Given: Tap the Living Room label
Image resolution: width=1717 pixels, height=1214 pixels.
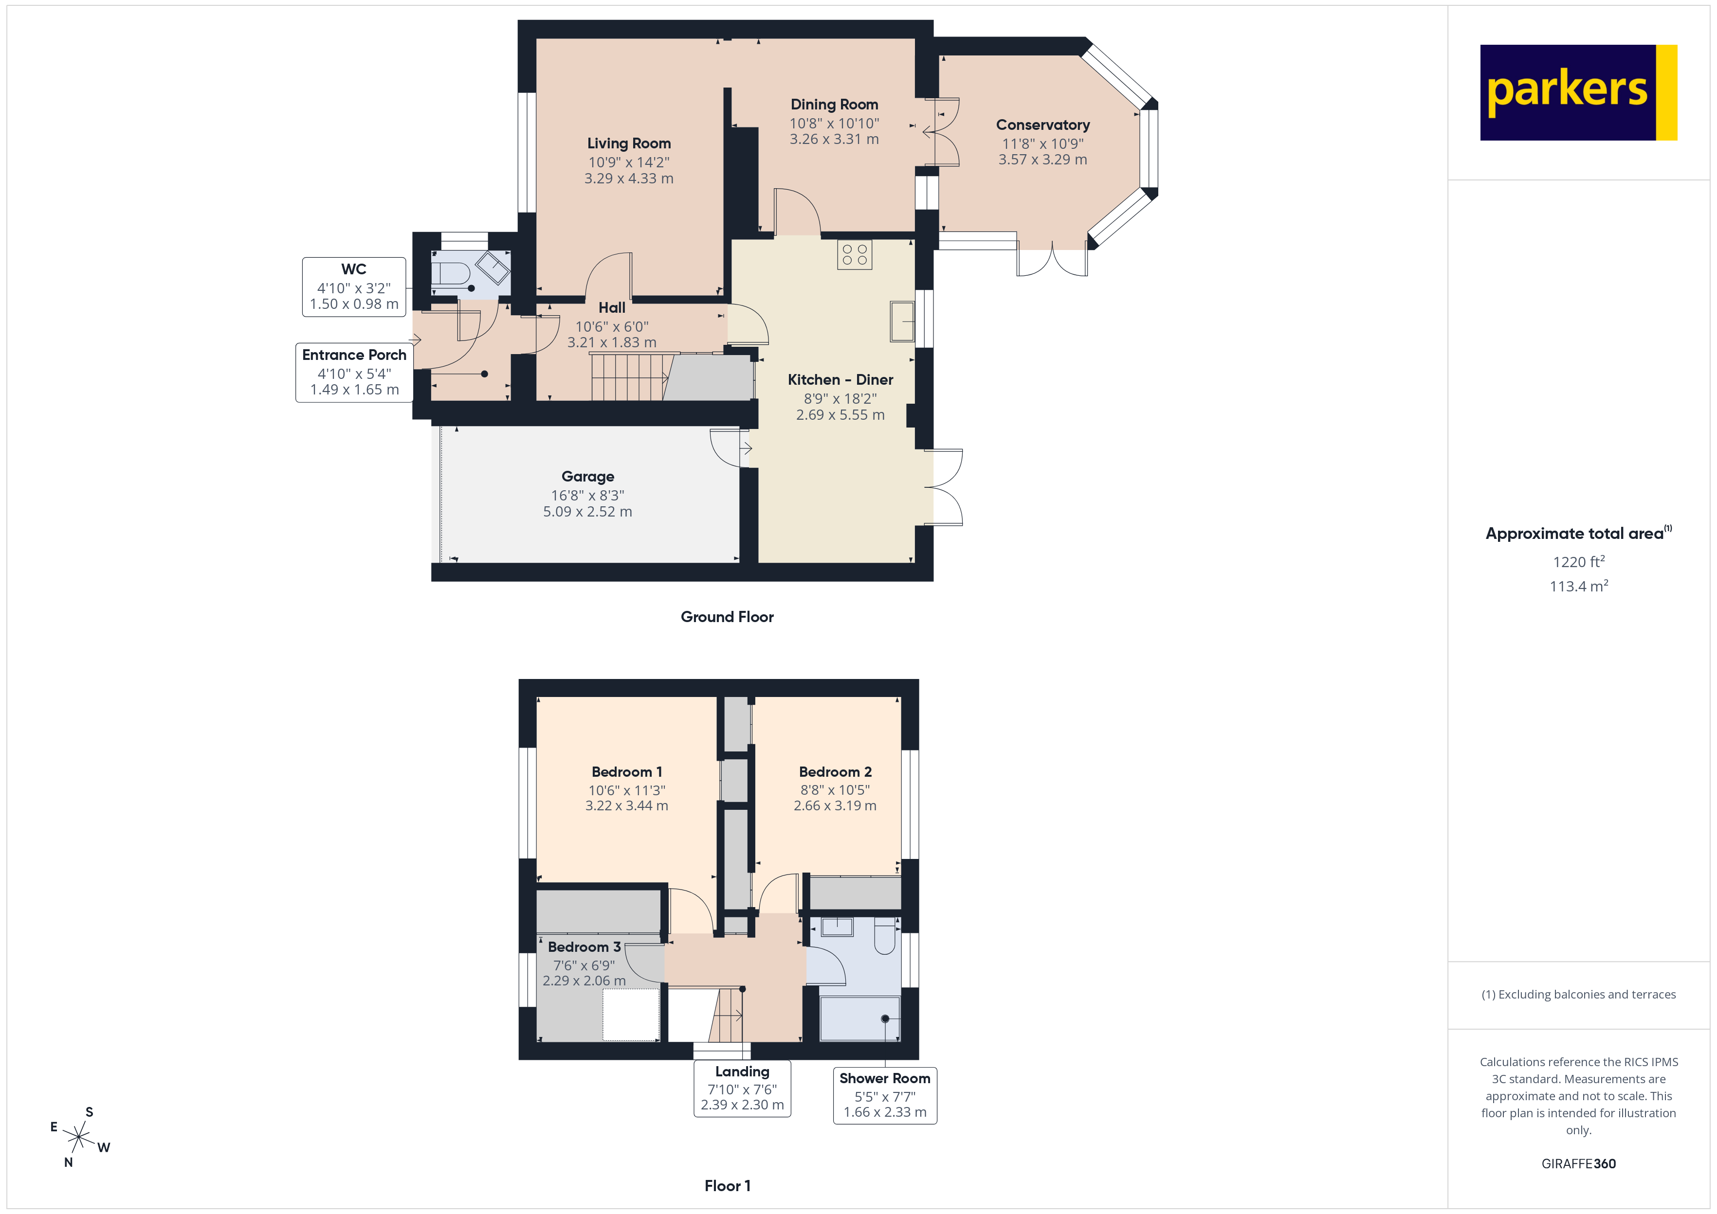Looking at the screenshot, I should [x=628, y=143].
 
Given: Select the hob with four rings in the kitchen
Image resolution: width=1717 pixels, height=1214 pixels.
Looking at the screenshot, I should [x=854, y=255].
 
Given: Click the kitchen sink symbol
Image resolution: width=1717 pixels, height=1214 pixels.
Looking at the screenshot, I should [x=902, y=321].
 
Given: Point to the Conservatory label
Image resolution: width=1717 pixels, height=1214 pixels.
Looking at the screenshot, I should [x=1042, y=125].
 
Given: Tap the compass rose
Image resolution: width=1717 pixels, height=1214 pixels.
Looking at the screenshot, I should [x=78, y=1138].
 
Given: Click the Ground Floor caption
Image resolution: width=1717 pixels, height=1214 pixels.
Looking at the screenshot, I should [x=727, y=617].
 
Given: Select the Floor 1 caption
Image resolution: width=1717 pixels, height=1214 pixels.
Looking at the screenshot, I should [x=727, y=1186].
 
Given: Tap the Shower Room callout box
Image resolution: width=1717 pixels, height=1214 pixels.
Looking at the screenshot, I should [x=885, y=1095].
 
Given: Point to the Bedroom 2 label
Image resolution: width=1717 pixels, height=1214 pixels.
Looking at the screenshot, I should [x=835, y=772].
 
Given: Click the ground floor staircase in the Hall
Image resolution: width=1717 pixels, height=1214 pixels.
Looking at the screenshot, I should [x=628, y=377].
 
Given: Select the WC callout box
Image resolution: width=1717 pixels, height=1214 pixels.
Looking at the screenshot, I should [x=354, y=287].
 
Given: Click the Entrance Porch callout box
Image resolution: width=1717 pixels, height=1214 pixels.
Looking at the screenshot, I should [x=354, y=372].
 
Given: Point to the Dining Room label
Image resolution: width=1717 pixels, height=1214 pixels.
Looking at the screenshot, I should [x=834, y=105].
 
